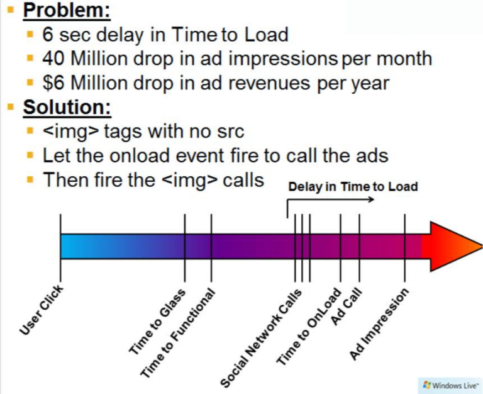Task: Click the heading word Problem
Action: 67,10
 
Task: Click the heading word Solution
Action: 67,107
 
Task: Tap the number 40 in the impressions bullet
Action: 53,59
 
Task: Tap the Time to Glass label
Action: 157,322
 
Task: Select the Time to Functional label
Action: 177,334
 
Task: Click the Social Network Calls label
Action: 260,338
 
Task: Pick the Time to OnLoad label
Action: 309,327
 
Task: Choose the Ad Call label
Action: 347,307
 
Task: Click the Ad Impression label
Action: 379,324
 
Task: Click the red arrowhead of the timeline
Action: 453,247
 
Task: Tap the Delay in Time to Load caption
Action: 353,187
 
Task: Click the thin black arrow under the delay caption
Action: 330,200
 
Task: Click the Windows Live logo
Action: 450,385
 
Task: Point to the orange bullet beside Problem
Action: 11,10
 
